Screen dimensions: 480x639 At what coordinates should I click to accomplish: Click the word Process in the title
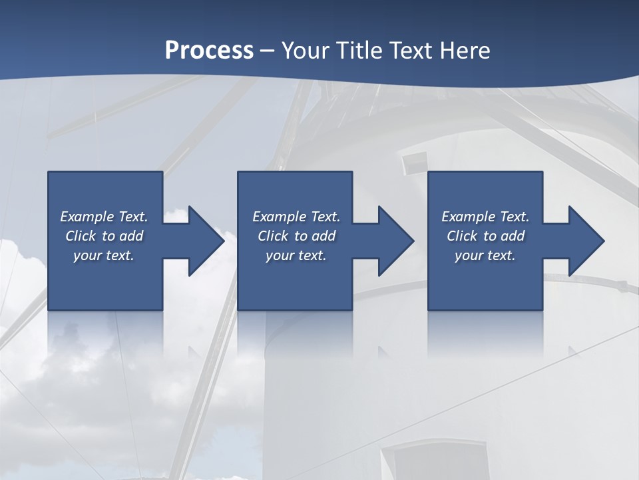[209, 50]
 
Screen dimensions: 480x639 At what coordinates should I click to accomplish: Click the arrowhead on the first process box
[203, 241]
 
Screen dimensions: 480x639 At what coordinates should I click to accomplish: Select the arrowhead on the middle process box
[393, 241]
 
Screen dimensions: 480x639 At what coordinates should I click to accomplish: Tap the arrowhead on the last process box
[583, 241]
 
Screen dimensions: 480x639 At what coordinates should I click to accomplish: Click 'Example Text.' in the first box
[104, 217]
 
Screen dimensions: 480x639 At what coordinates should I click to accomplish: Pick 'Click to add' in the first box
[104, 236]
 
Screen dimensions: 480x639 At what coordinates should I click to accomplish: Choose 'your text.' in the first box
[104, 255]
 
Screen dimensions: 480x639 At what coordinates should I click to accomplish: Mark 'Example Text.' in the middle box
[296, 217]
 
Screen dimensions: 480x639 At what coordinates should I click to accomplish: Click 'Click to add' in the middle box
[296, 236]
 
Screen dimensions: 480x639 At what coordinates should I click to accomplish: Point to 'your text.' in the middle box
[296, 255]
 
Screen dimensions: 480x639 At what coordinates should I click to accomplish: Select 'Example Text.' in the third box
[485, 217]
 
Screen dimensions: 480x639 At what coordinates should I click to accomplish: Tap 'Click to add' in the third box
[485, 236]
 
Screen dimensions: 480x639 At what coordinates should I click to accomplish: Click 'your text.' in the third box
[485, 255]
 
